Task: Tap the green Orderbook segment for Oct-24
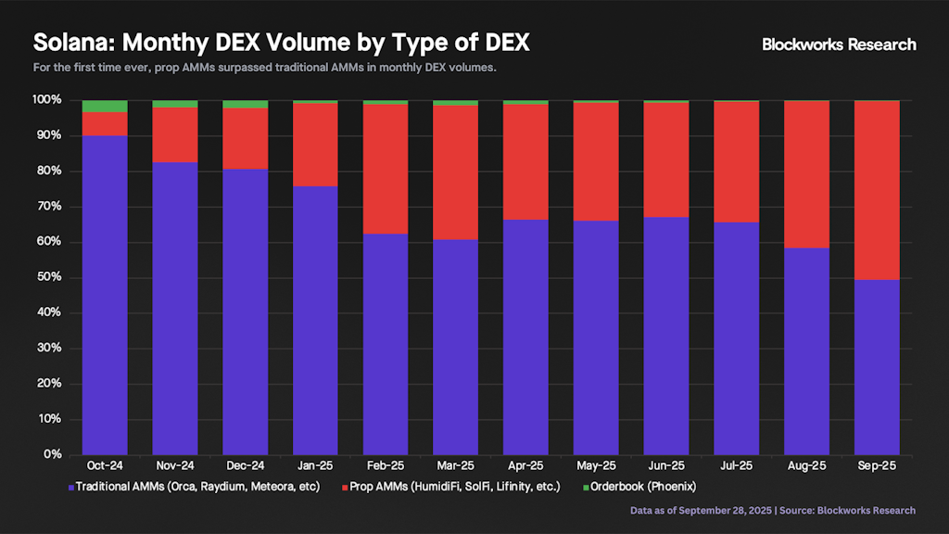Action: point(105,106)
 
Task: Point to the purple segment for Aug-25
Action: point(806,351)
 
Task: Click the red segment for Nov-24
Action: point(175,135)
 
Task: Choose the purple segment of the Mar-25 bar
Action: point(456,347)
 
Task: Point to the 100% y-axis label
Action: point(46,100)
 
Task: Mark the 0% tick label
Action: point(52,455)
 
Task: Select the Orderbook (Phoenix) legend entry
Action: point(642,487)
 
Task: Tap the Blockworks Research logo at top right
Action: point(839,44)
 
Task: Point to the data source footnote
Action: point(772,511)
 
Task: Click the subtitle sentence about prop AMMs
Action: point(265,69)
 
